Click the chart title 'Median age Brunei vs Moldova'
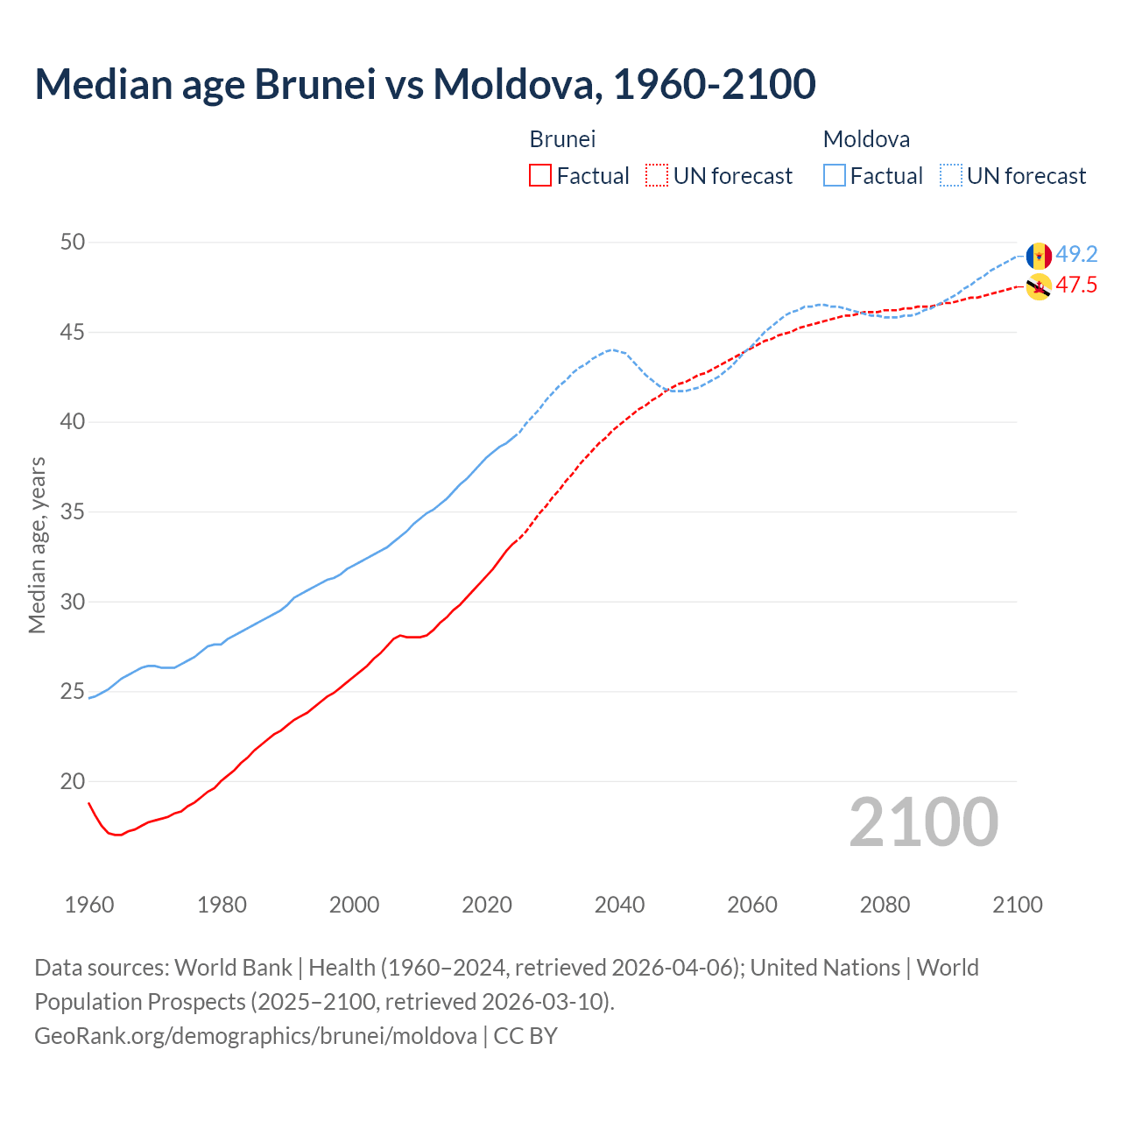click(x=425, y=84)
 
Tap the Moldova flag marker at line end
click(x=1039, y=256)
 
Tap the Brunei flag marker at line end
click(x=1039, y=286)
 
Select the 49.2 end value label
click(x=1076, y=255)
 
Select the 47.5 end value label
click(x=1076, y=286)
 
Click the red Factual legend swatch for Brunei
click(x=540, y=176)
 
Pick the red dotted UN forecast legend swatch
click(x=657, y=176)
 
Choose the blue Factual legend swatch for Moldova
click(x=835, y=176)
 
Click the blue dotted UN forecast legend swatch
click(x=951, y=176)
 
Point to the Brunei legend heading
click(x=562, y=139)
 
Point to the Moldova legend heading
click(x=866, y=139)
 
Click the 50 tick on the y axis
click(x=73, y=243)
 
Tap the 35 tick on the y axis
click(x=73, y=512)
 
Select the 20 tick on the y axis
click(x=73, y=782)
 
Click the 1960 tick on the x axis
click(x=89, y=905)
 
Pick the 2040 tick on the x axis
click(x=619, y=905)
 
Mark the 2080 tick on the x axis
click(x=885, y=905)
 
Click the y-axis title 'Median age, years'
click(x=37, y=545)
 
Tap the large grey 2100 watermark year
click(x=923, y=822)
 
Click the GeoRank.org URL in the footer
click(x=256, y=1036)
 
